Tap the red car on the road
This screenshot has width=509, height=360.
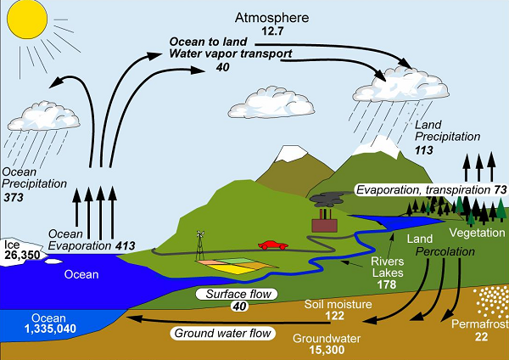(x=271, y=245)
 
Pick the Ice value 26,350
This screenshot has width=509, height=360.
(x=23, y=254)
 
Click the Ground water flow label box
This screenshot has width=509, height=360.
(x=223, y=334)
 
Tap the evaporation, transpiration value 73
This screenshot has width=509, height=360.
(x=501, y=188)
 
